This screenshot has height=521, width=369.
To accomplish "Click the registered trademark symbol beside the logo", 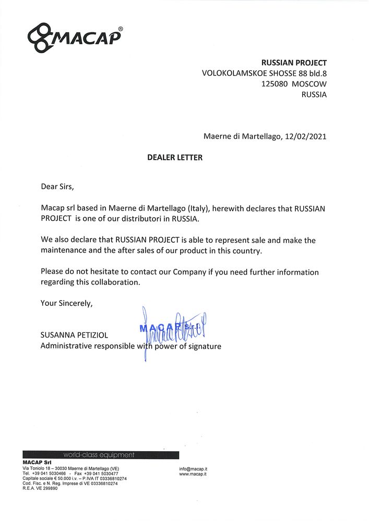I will (x=121, y=29).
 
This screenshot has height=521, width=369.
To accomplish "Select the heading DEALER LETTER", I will (x=175, y=157).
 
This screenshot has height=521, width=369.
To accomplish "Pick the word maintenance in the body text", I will (x=66, y=251).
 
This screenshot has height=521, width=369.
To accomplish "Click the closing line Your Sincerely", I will (x=67, y=303).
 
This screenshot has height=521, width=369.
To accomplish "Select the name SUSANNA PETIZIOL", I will (x=75, y=335).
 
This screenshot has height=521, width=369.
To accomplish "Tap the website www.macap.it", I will (x=193, y=474).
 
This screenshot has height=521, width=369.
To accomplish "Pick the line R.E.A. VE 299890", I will (x=40, y=488).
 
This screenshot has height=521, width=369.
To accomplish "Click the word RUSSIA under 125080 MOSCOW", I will (x=314, y=94).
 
